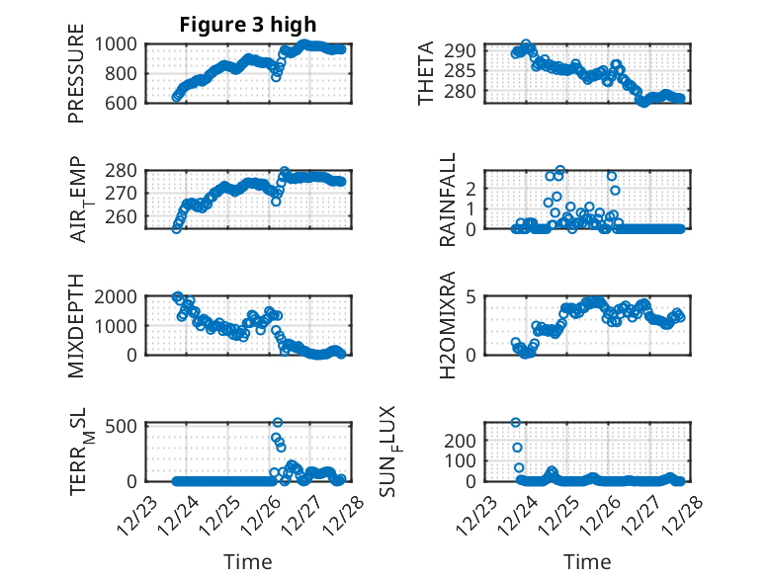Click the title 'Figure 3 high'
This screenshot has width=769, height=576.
point(248,24)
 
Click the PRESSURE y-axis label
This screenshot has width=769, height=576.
point(77,73)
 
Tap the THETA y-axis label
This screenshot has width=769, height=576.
point(426,73)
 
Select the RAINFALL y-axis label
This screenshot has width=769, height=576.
point(448,200)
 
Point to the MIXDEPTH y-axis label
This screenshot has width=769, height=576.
point(77,325)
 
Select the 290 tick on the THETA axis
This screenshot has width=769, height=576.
point(468,50)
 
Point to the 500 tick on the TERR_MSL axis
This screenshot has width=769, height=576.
point(126,426)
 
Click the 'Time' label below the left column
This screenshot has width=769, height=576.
point(248,562)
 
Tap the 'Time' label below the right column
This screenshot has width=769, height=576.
point(587,562)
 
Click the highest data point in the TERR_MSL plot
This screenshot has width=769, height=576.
point(278,423)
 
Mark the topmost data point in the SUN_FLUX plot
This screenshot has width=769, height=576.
point(516,422)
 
